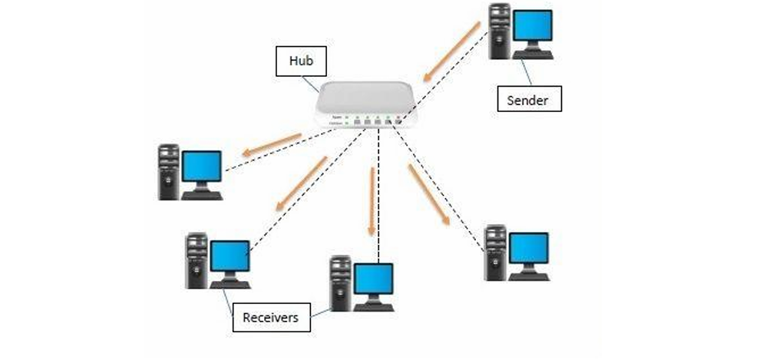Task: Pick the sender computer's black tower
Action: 500,31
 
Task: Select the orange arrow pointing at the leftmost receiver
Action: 273,143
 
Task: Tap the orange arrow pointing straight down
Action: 372,202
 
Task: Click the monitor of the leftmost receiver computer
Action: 203,169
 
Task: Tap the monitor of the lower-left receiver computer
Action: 230,259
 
